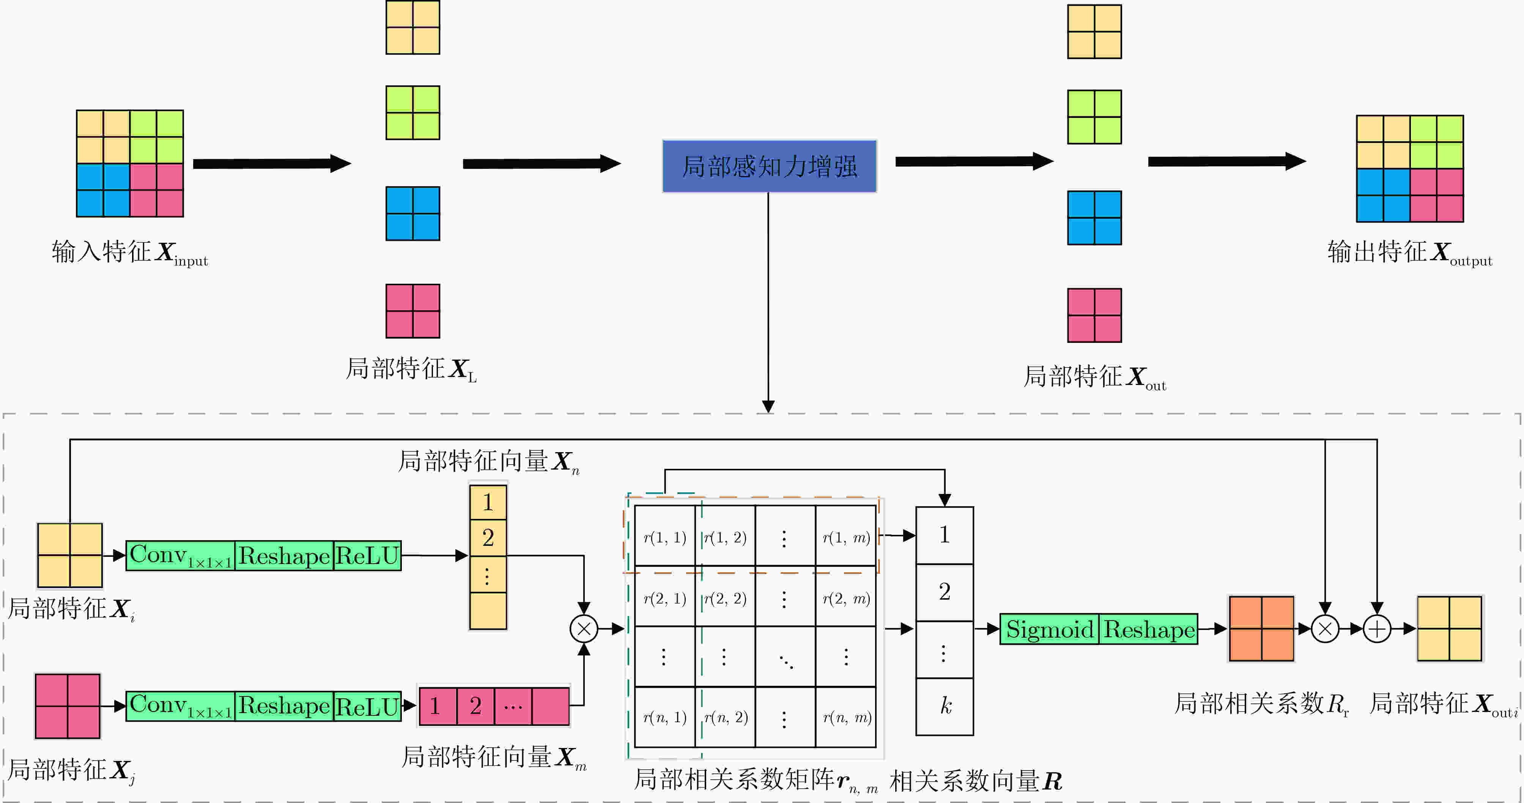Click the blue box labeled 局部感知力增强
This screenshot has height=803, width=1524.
coord(769,166)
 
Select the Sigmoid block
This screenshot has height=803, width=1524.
coord(1050,629)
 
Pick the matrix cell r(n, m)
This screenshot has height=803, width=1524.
coord(845,717)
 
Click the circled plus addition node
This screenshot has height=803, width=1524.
coord(1377,629)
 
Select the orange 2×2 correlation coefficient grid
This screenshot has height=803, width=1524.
coord(1261,629)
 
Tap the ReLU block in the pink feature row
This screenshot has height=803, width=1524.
coord(367,706)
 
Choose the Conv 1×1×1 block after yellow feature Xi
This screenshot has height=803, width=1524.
coord(180,556)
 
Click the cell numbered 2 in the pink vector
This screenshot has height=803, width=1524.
coord(475,706)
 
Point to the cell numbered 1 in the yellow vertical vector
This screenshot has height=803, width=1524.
coord(488,503)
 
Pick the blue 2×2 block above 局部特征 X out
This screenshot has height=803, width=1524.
coord(1094,218)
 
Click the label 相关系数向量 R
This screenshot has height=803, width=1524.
coord(976,781)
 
